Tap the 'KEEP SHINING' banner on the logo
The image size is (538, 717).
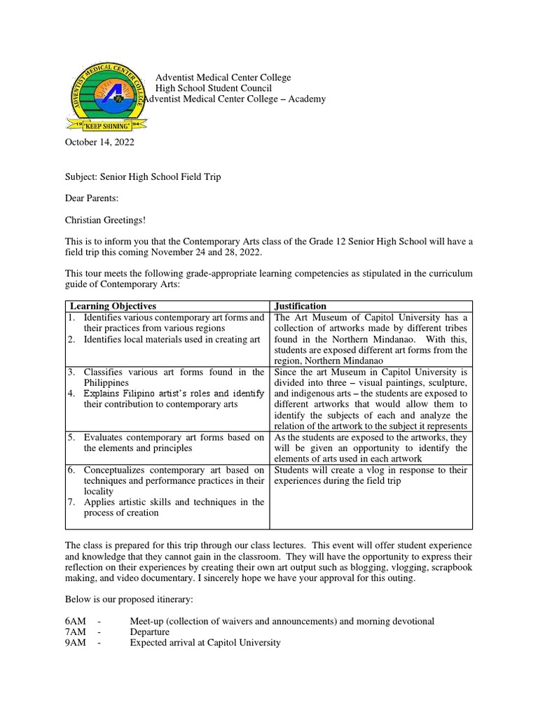(107, 127)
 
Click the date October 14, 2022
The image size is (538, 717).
(99, 142)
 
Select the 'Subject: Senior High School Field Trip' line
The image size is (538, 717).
(143, 176)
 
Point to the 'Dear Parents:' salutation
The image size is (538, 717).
(92, 199)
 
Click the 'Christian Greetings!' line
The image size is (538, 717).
(106, 220)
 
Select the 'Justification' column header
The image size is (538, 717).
(301, 306)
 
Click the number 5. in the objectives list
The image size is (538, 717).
(71, 437)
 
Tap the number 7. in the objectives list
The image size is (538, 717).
(71, 501)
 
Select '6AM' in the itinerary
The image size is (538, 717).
(76, 621)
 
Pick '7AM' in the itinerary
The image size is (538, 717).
(76, 632)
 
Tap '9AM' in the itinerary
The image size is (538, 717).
(76, 642)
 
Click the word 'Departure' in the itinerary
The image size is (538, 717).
(151, 632)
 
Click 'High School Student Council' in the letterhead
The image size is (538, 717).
(213, 88)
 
